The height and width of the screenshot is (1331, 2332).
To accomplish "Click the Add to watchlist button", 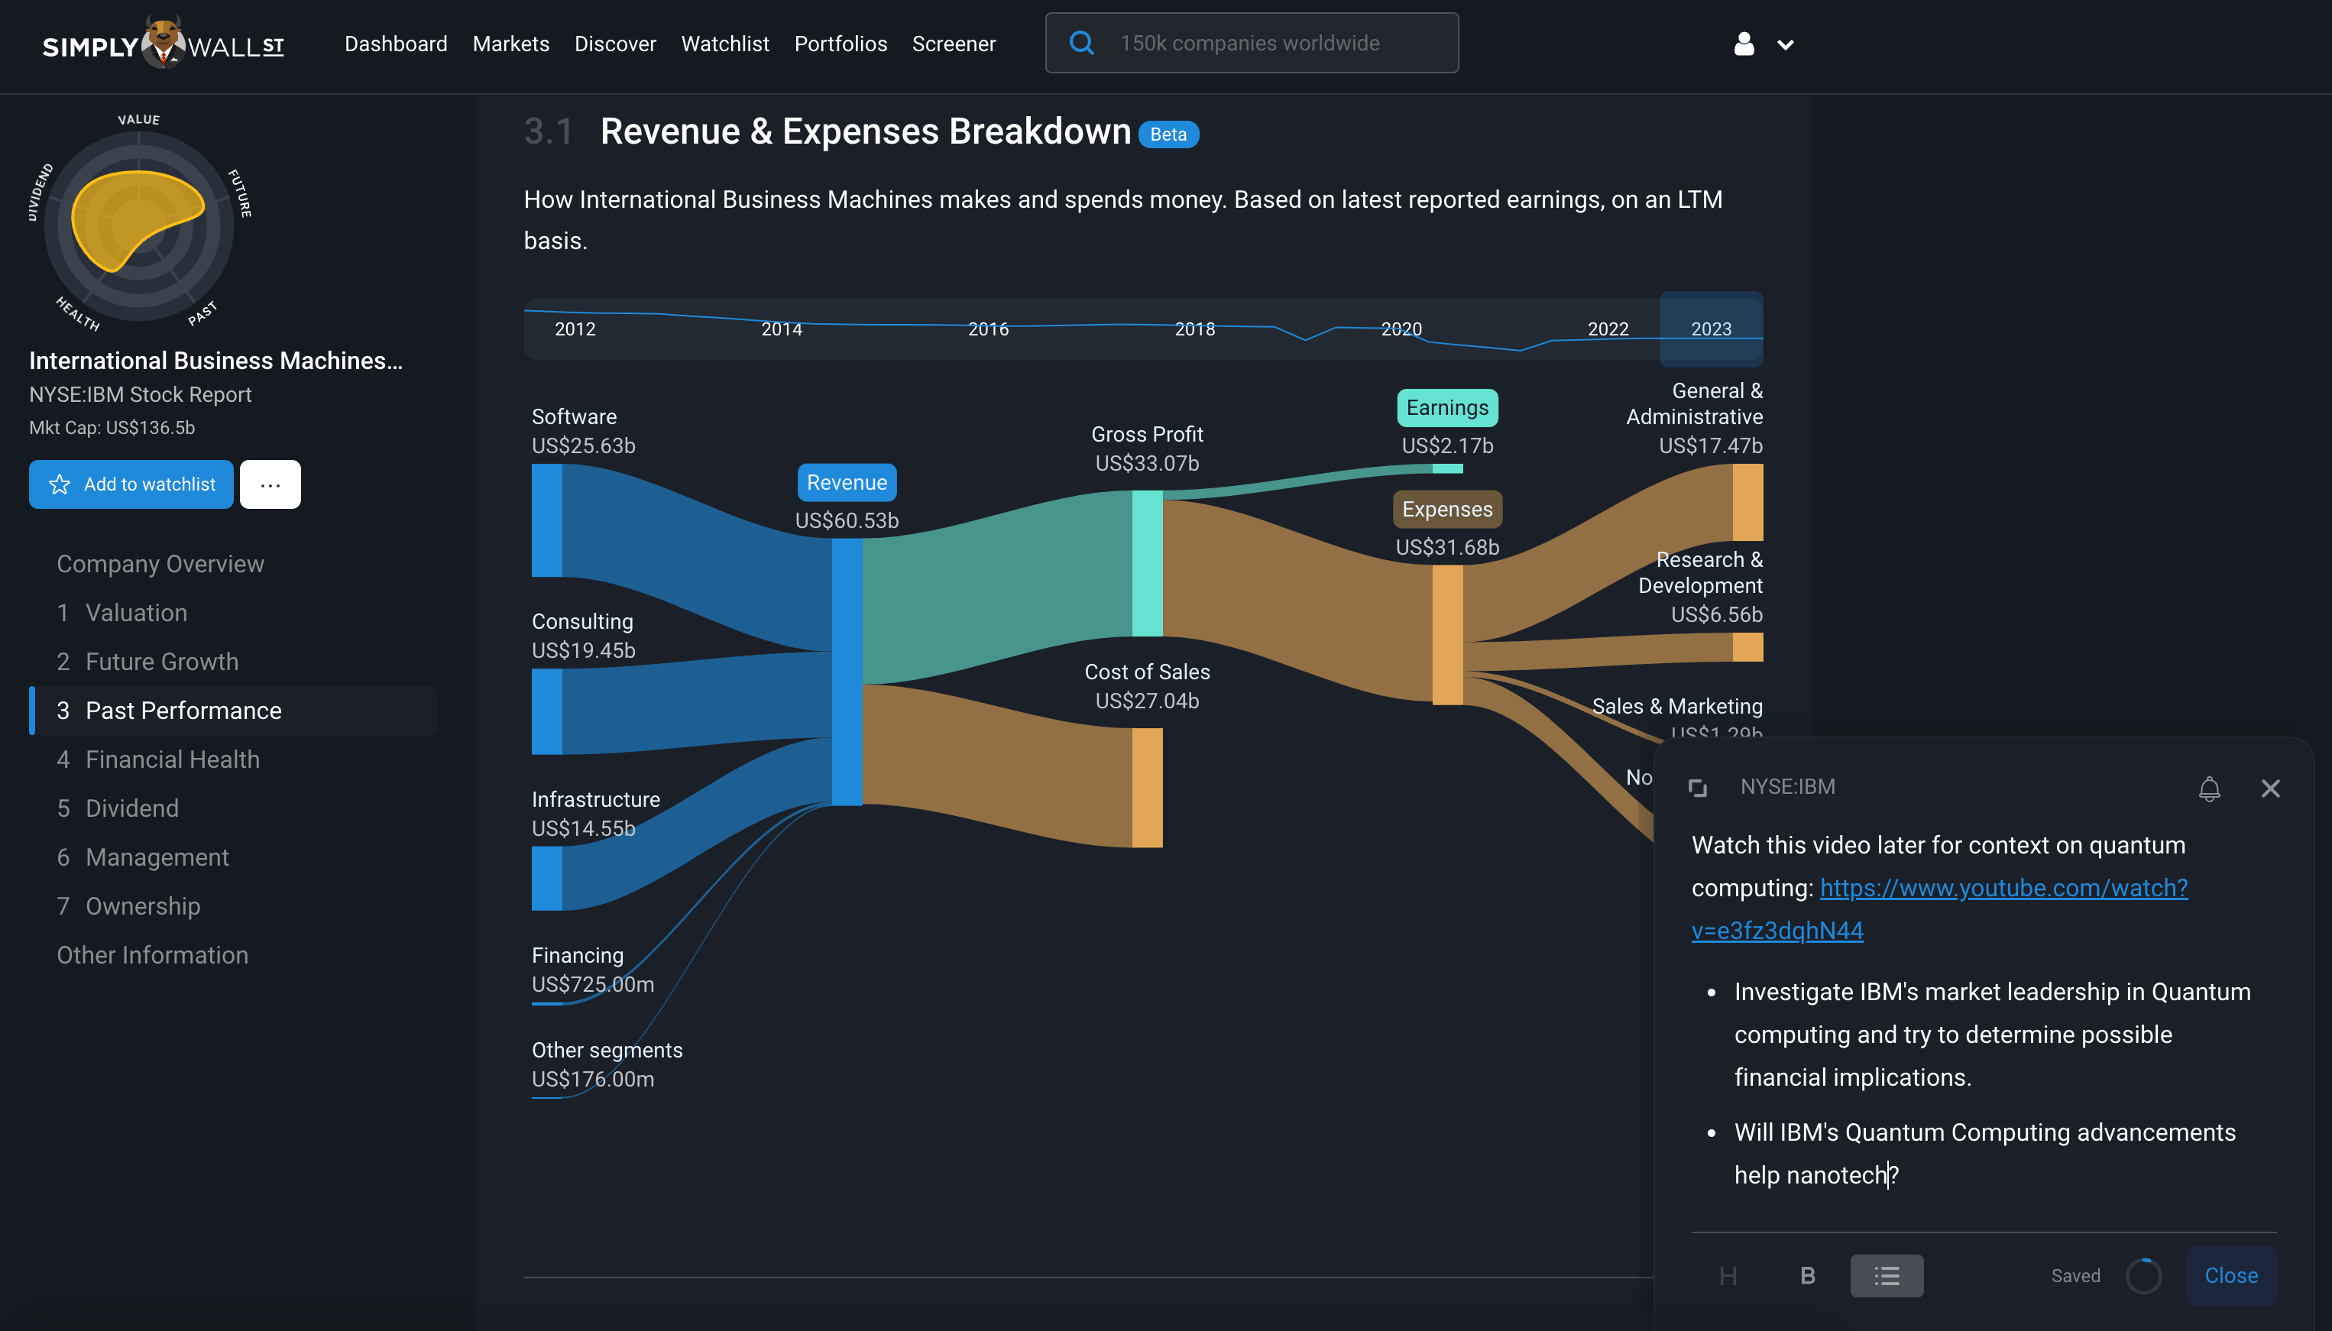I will (x=131, y=484).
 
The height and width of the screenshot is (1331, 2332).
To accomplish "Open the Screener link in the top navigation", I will (x=954, y=44).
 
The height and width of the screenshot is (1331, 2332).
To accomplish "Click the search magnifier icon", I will (x=1081, y=43).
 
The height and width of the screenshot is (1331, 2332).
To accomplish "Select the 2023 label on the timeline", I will (x=1710, y=329).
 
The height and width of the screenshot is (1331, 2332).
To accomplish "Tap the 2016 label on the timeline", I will (x=988, y=329).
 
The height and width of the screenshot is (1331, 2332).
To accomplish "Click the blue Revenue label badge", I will (x=847, y=483).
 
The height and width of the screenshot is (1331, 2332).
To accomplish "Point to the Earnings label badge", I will (x=1447, y=408).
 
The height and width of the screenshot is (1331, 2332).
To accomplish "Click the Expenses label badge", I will (x=1447, y=509).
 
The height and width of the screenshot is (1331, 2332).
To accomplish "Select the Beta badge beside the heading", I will (x=1168, y=134).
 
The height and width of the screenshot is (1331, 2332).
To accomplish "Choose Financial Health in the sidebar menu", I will (x=173, y=759).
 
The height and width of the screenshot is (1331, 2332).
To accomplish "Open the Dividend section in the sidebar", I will (x=132, y=808).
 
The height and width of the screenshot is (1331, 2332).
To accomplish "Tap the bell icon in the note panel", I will (x=2208, y=788).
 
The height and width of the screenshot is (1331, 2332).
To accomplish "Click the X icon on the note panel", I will (x=2270, y=788).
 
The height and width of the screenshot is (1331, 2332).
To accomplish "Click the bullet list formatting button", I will (x=1886, y=1275).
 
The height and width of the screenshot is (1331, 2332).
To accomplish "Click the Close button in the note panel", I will (x=2230, y=1275).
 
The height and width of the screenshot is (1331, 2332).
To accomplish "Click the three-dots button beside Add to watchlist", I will (x=270, y=484).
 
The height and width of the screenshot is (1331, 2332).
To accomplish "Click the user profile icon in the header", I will (x=1744, y=44).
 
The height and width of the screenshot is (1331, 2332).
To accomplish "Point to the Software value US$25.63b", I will (x=583, y=446).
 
